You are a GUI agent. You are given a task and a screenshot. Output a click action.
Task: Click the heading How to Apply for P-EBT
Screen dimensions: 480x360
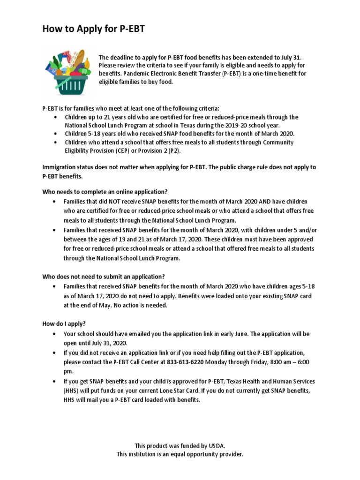pos(94,30)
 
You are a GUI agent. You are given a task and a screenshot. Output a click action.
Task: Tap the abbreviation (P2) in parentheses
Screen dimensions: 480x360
pos(173,150)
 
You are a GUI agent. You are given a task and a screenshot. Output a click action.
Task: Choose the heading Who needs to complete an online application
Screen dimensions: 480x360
pos(105,192)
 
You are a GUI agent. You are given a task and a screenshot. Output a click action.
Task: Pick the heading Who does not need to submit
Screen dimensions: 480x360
pos(104,276)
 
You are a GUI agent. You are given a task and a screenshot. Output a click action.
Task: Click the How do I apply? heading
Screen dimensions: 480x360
pos(64,323)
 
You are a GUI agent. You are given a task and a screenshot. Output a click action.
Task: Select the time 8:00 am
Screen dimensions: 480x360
pos(268,362)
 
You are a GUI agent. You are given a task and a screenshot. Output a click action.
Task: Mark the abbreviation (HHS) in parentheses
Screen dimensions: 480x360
pos(73,391)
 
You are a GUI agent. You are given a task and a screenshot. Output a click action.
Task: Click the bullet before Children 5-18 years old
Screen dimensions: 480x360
pos(56,134)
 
